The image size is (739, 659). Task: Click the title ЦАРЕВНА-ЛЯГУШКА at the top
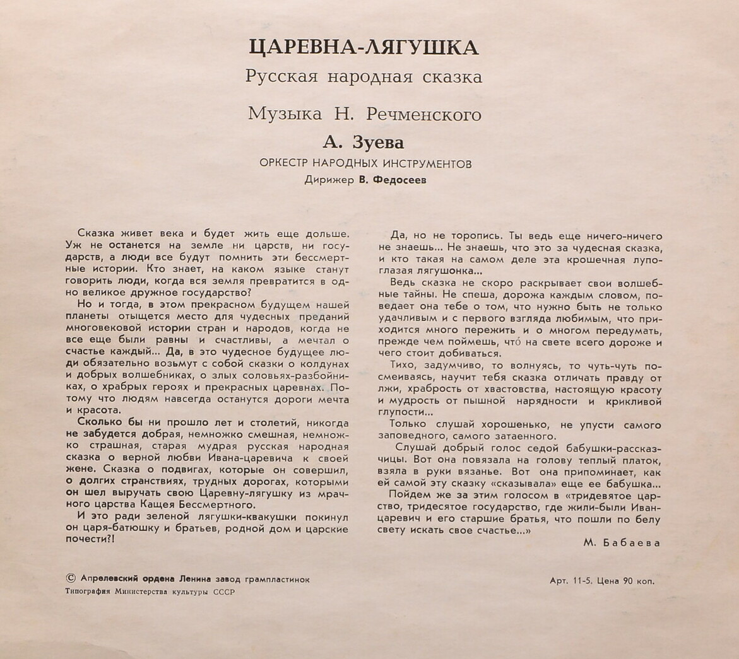(365, 48)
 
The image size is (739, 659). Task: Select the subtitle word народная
(369, 78)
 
